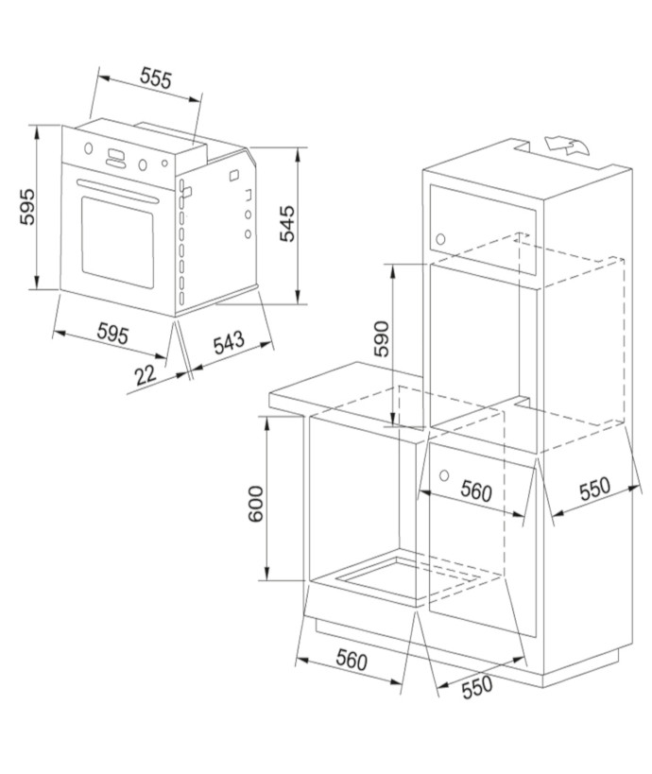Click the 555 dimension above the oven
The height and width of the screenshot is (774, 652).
(156, 78)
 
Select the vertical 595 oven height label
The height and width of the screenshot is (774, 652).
(27, 207)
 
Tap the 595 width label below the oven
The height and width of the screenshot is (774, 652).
(112, 334)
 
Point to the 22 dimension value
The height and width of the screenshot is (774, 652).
(145, 374)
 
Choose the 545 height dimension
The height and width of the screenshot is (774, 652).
(287, 224)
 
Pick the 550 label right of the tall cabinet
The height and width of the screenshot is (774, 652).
(594, 490)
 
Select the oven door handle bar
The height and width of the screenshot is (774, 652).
(117, 186)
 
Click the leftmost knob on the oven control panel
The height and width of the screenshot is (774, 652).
(88, 149)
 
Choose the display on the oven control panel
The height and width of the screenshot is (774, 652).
(117, 157)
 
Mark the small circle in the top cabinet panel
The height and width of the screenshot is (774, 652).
(440, 238)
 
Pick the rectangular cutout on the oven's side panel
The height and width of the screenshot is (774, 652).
(186, 192)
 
